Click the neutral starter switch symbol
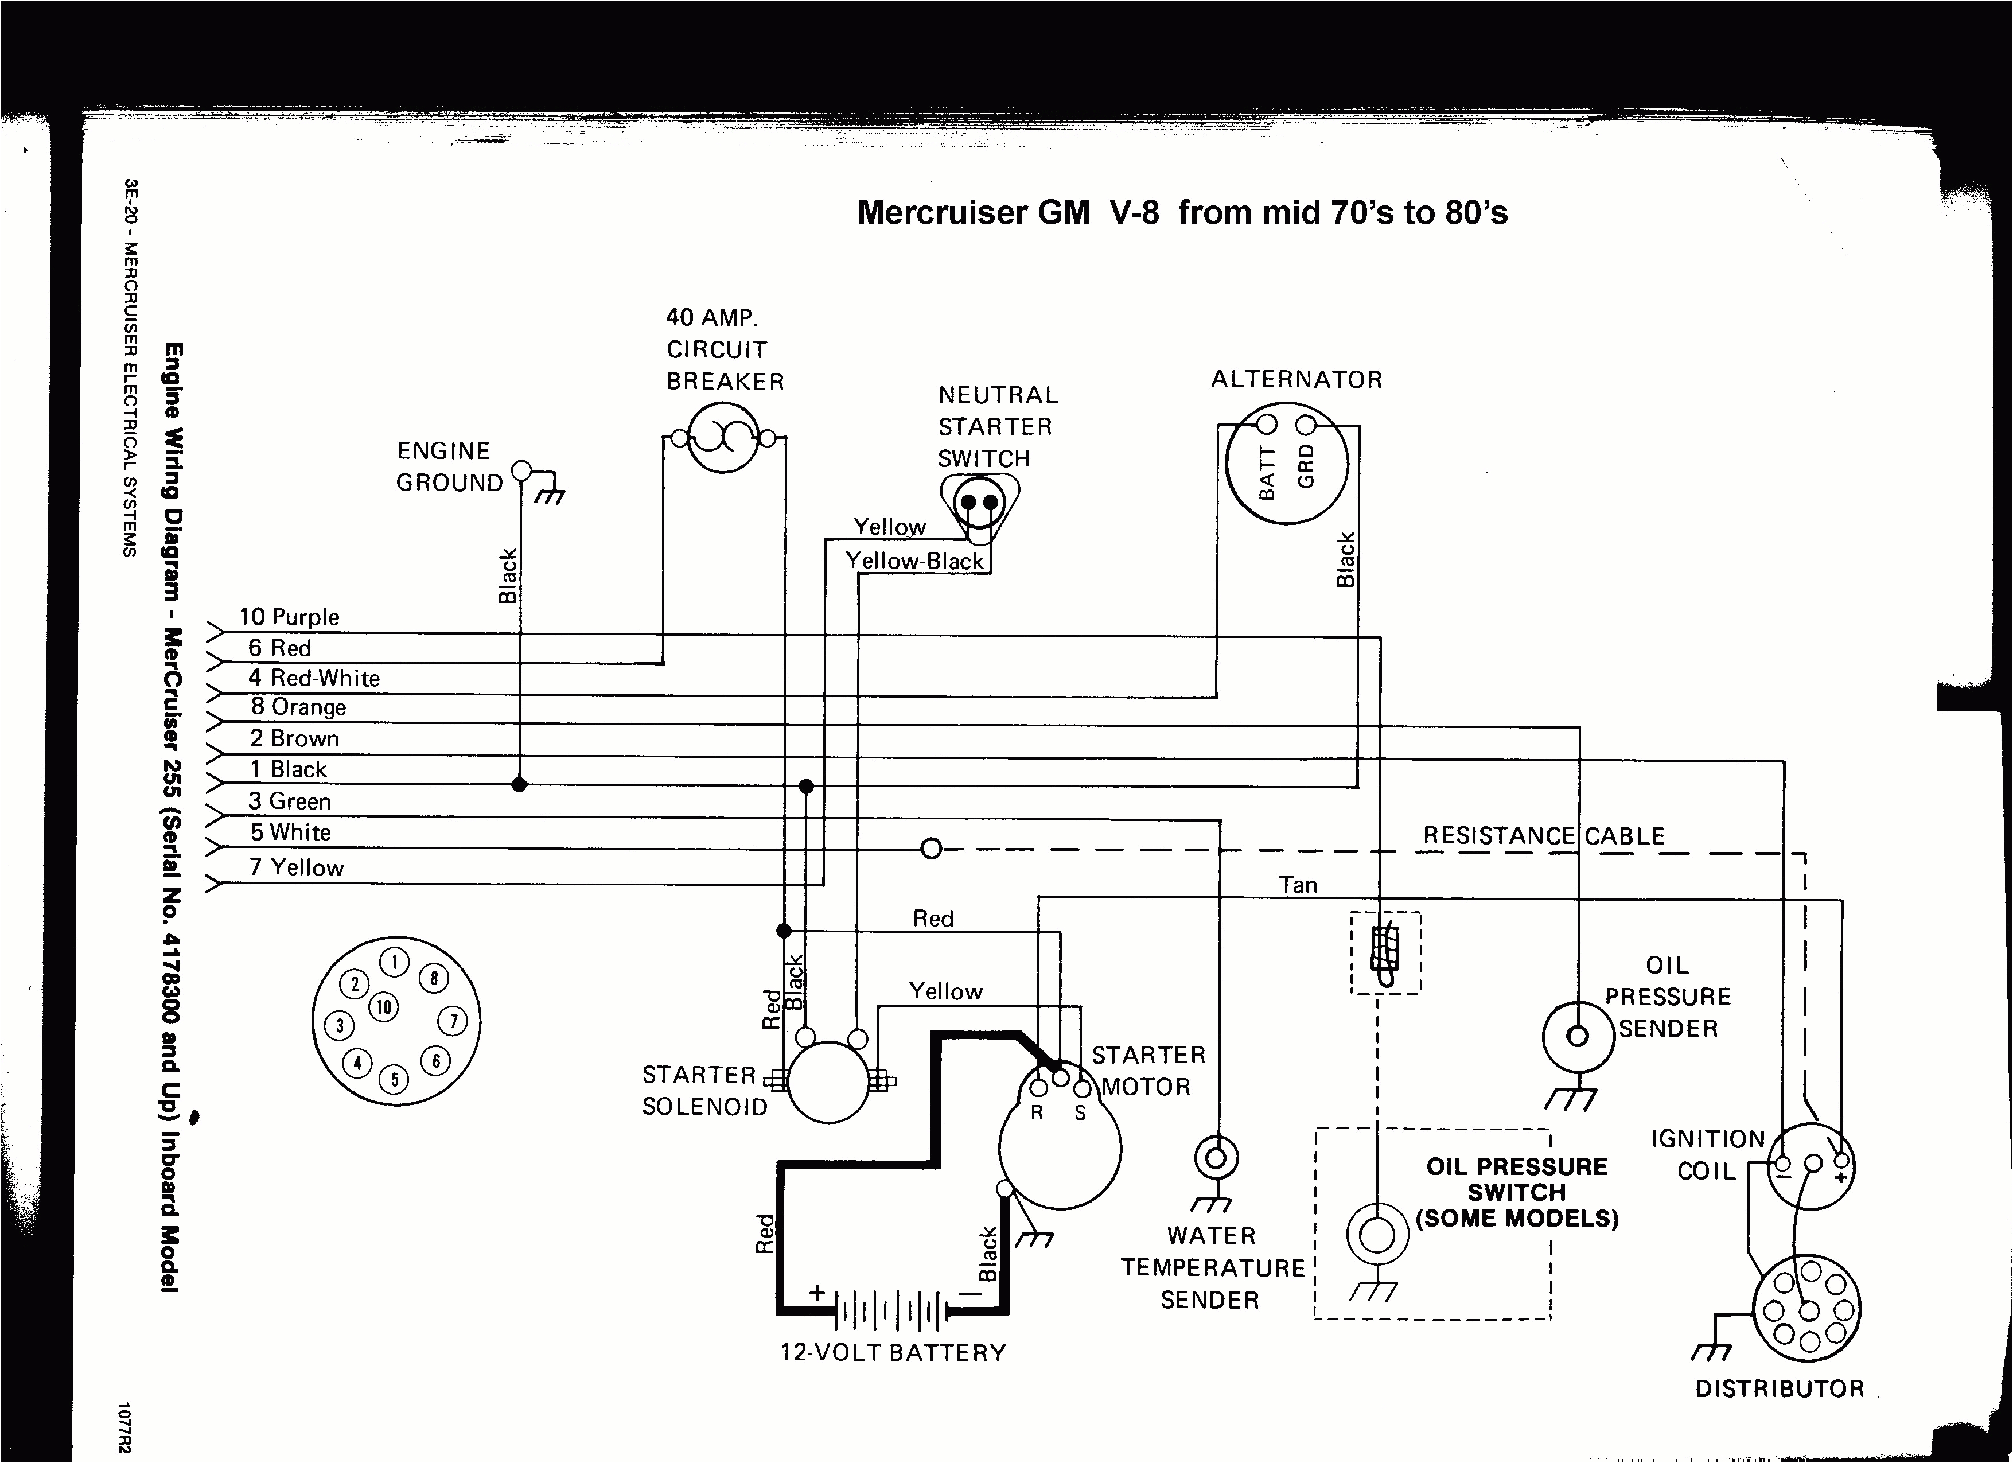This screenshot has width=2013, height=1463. click(979, 505)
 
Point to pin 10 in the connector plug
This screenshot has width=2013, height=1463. click(383, 1007)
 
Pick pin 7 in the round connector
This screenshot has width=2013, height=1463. click(453, 1021)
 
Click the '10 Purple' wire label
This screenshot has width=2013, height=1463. click(289, 616)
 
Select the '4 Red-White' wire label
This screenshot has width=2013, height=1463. click(313, 678)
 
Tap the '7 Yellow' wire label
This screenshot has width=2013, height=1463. click(295, 867)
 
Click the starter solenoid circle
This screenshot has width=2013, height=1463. click(828, 1082)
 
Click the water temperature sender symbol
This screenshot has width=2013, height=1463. click(1216, 1158)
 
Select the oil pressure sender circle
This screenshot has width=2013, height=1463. click(1577, 1036)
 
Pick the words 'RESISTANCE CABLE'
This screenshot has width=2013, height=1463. click(1544, 835)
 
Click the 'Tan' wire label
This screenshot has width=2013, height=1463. click(1298, 884)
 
